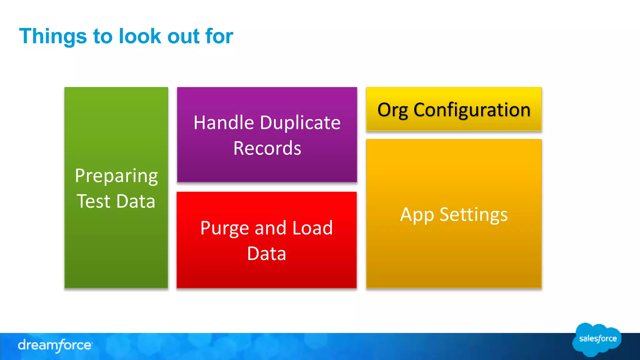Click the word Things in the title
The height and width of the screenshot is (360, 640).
(x=53, y=36)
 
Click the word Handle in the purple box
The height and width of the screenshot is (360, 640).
(x=223, y=122)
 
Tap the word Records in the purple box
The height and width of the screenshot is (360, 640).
(x=267, y=148)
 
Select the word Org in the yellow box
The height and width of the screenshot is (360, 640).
(x=392, y=110)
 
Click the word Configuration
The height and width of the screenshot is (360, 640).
(x=472, y=110)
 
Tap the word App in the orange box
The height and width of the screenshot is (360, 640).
(x=417, y=215)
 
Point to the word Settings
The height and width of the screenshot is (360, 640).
(x=473, y=215)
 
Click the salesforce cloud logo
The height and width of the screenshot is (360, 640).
(x=597, y=339)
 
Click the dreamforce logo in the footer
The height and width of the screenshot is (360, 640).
(x=55, y=345)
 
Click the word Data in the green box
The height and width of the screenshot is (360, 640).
(x=136, y=201)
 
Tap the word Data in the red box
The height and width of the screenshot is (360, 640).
(x=267, y=253)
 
